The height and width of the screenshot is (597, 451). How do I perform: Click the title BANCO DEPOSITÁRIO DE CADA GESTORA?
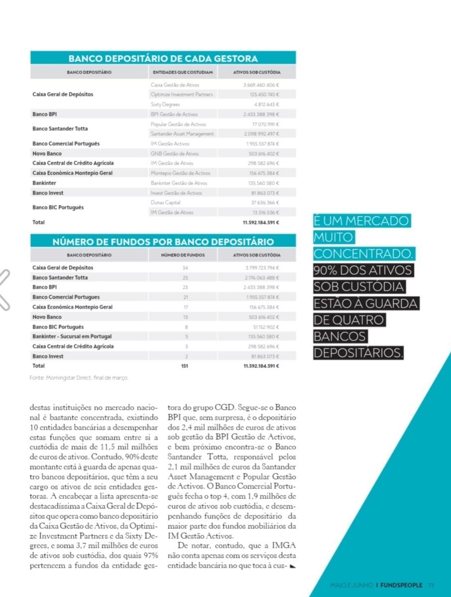point(163,58)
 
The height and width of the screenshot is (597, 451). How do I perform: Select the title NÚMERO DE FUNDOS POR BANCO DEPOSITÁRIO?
point(163,242)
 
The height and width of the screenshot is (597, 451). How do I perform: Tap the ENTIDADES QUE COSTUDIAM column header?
point(183,73)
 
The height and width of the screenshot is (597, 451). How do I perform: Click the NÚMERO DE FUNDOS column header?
point(183,255)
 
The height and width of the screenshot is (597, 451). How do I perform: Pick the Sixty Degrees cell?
point(161,104)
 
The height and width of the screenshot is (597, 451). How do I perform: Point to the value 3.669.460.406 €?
point(261,85)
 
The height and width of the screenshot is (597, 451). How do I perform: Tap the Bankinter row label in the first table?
point(44,183)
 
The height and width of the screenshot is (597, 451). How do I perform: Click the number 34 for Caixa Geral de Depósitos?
point(186,268)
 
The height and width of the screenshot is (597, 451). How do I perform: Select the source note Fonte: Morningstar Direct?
point(79,378)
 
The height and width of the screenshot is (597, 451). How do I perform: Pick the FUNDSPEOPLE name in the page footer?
point(401,585)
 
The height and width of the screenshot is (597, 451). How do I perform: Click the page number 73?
point(431,585)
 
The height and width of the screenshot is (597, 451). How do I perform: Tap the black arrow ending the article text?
point(292,567)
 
